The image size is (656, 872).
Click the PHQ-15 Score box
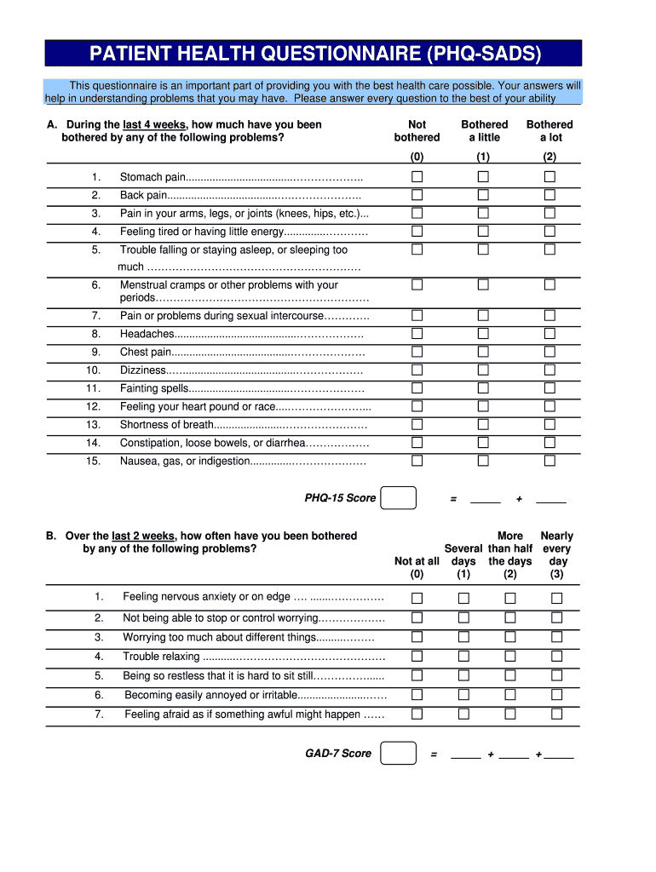[398, 498]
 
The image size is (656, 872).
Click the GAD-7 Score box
[398, 754]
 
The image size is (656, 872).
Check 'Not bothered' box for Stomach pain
[417, 176]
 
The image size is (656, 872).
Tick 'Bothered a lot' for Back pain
[550, 195]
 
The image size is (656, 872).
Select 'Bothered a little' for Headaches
[483, 334]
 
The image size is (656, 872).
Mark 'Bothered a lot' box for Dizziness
[550, 370]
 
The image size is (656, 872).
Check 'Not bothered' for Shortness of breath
[417, 424]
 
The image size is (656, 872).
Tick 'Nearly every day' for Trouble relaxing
[556, 657]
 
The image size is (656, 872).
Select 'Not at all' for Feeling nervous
[417, 597]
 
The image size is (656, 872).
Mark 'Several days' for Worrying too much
[463, 637]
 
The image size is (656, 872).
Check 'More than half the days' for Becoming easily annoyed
[509, 695]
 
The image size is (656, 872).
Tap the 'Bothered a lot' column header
[550, 130]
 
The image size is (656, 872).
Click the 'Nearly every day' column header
[557, 548]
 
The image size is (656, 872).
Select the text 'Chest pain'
[146, 352]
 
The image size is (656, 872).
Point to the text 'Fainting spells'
[152, 388]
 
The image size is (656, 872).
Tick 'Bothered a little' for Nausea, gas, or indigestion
[483, 461]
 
